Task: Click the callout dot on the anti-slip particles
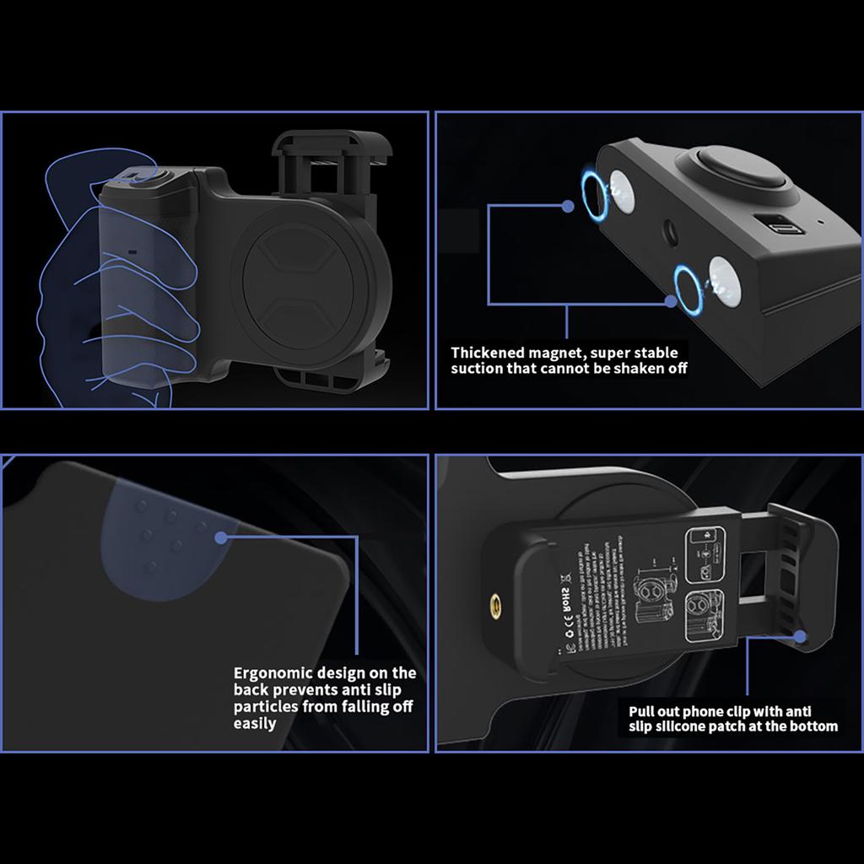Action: coord(221,537)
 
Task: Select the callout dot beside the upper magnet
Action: coord(568,206)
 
